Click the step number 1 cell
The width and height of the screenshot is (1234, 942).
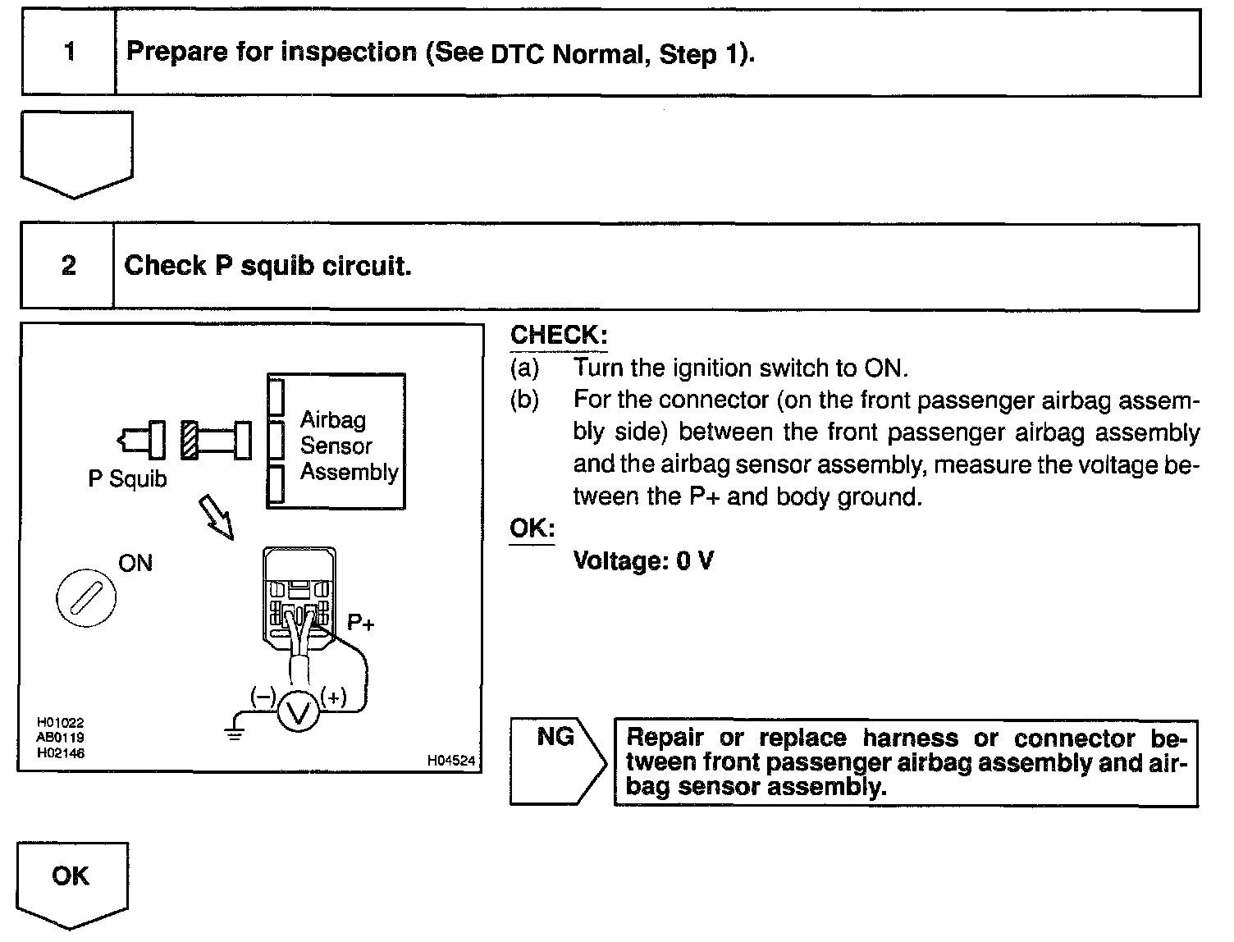click(69, 53)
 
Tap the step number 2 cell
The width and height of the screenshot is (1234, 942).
click(68, 266)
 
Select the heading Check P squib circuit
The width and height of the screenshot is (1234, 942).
click(267, 266)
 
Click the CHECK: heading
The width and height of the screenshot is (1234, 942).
click(559, 335)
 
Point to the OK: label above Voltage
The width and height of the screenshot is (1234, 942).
click(532, 528)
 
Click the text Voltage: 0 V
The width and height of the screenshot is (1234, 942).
click(642, 561)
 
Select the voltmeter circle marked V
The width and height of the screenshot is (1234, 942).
click(298, 711)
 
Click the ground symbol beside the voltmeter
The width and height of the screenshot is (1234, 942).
click(235, 733)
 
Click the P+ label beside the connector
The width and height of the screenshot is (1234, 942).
click(361, 623)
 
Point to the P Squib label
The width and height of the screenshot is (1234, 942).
click(127, 479)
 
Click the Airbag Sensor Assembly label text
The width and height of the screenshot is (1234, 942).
click(348, 446)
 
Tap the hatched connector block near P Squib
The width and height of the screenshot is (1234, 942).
click(189, 441)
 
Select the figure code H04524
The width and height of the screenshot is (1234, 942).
click(450, 761)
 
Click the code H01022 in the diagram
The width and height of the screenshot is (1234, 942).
click(61, 723)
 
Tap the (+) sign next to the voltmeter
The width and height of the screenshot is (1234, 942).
click(334, 697)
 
